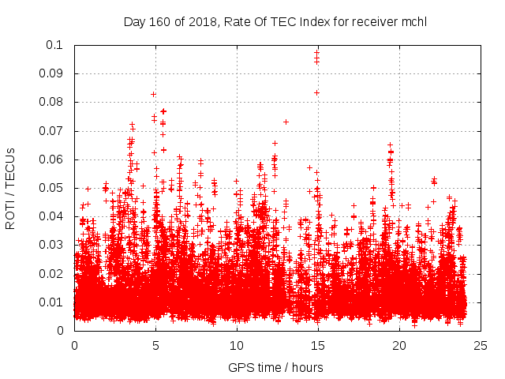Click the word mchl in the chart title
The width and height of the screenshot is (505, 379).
[x=413, y=21]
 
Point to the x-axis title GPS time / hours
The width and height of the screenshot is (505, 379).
[x=275, y=367]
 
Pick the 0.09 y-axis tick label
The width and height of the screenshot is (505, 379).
[x=53, y=73]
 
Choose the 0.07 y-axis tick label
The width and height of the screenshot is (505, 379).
[x=53, y=131]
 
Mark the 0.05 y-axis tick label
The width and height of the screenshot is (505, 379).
[x=53, y=188]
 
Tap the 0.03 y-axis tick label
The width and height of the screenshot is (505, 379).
[x=53, y=245]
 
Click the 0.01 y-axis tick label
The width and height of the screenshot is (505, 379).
[x=53, y=302]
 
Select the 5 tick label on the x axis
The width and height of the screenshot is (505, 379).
[x=155, y=345]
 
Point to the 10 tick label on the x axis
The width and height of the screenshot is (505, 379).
[x=237, y=345]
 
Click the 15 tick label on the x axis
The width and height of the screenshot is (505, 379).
[x=318, y=345]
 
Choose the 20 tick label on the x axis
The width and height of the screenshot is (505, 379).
[x=399, y=345]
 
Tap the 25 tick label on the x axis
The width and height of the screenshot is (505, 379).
[x=481, y=345]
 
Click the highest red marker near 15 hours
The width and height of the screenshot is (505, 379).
[x=317, y=53]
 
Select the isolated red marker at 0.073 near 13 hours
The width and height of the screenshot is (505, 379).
[x=286, y=122]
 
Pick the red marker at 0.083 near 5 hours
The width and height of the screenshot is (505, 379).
[x=153, y=94]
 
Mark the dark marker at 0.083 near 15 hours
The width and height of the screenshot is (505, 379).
[x=317, y=92]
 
